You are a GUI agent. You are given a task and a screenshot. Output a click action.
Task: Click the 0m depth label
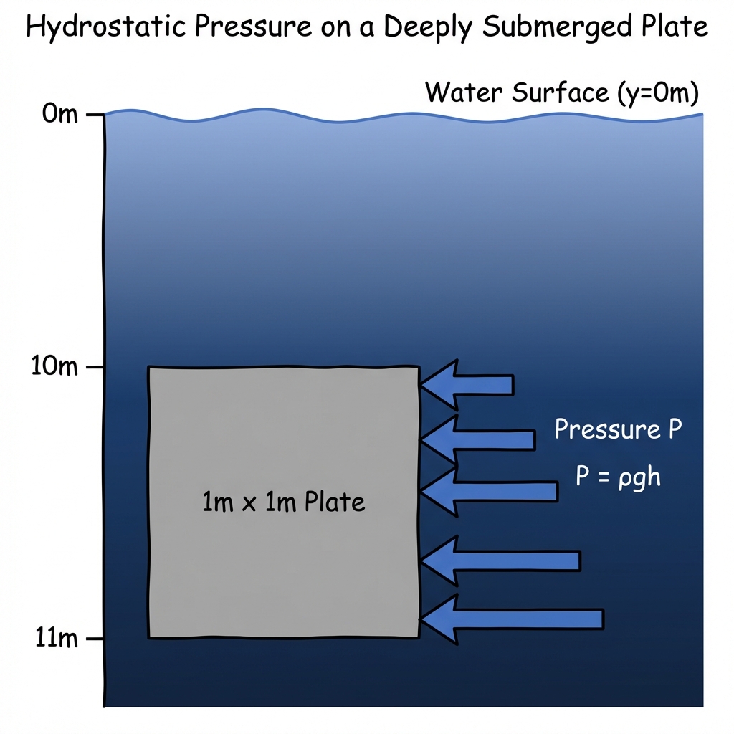59,114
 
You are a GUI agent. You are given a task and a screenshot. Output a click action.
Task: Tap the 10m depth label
55,368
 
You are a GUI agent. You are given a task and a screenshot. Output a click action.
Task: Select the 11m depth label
56,638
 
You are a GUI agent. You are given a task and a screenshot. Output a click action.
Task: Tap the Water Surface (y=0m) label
562,92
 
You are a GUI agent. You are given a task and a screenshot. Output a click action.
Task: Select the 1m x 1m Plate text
283,502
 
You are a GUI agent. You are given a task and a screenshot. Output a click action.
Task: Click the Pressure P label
618,430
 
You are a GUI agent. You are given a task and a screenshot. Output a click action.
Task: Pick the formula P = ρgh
618,477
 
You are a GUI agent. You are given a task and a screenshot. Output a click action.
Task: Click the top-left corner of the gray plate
149,368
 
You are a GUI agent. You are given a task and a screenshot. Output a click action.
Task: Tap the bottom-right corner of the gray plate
419,637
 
